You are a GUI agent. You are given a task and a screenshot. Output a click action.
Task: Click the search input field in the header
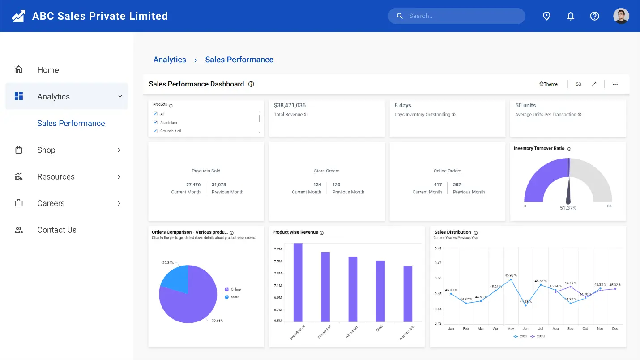(x=461, y=16)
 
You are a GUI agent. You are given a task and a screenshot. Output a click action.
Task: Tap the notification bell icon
(x=571, y=16)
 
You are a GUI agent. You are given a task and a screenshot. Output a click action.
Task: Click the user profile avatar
(x=621, y=16)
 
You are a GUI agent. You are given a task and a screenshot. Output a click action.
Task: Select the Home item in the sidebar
(x=48, y=70)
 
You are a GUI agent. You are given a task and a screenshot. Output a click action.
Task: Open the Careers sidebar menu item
(x=51, y=203)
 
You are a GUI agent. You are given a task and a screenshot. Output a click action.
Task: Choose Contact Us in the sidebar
(x=57, y=230)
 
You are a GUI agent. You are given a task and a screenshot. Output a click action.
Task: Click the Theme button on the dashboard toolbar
(x=549, y=84)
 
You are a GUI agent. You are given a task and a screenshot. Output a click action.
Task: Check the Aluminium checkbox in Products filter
(x=156, y=122)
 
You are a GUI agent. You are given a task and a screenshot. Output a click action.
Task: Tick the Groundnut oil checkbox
(x=156, y=131)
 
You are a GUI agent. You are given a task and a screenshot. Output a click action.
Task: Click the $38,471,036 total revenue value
(x=290, y=106)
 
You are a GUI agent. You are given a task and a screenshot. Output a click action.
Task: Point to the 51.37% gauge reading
(x=568, y=208)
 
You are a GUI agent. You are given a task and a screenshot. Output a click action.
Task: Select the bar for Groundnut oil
(x=298, y=282)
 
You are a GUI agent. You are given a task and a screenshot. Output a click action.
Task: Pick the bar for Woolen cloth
(x=408, y=294)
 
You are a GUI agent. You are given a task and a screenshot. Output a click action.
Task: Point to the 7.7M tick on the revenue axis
(x=277, y=249)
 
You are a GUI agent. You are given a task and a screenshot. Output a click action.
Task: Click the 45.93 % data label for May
(x=511, y=275)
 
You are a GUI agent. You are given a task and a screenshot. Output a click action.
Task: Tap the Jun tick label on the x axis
(x=525, y=329)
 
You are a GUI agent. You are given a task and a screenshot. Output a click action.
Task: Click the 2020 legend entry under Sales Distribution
(x=538, y=336)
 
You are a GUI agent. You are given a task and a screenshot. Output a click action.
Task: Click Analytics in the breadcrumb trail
(x=170, y=60)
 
